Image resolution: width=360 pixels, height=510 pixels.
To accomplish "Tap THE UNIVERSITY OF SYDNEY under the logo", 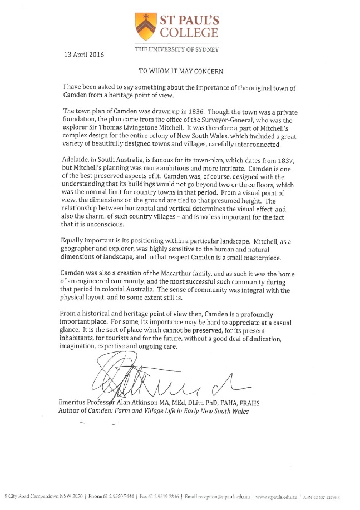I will (176, 49).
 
